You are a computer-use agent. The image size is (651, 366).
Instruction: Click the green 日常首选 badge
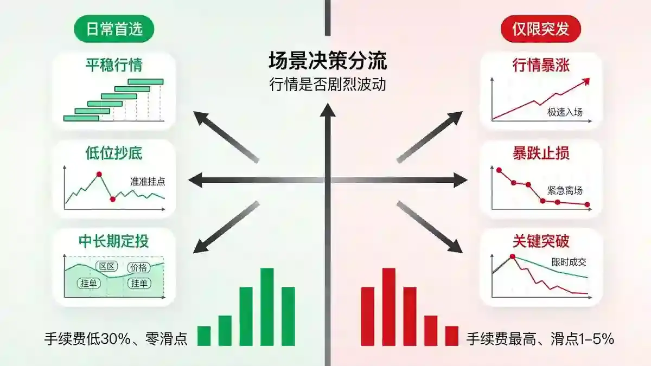click(x=114, y=29)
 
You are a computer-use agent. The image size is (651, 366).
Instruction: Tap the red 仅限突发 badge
click(x=541, y=29)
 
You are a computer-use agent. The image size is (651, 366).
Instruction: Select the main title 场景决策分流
click(x=328, y=61)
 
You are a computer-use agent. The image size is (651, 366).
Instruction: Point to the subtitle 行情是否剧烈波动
click(x=328, y=84)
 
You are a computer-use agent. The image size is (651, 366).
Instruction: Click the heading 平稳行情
click(x=114, y=65)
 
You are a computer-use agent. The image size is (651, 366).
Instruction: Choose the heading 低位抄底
click(x=114, y=153)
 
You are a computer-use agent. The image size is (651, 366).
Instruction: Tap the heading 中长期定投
click(x=114, y=241)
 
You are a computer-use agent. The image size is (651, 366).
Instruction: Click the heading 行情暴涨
click(x=541, y=65)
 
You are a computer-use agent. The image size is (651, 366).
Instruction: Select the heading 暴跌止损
click(x=541, y=153)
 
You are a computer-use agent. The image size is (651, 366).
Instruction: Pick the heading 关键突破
click(x=541, y=241)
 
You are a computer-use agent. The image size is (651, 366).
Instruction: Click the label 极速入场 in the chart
click(x=565, y=112)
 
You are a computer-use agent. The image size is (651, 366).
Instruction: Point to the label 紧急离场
click(x=565, y=190)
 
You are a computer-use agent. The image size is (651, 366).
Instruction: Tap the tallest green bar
click(x=267, y=307)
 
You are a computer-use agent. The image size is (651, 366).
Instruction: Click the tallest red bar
click(x=389, y=307)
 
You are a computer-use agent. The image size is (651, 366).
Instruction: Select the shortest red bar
click(x=451, y=336)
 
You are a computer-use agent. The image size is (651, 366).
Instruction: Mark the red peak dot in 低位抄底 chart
click(x=99, y=174)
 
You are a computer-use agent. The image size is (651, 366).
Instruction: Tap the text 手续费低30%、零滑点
click(x=116, y=339)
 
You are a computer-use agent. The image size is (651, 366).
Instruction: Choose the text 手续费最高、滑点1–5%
click(x=540, y=339)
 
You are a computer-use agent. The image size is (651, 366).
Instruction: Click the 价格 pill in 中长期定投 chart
click(x=139, y=267)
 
